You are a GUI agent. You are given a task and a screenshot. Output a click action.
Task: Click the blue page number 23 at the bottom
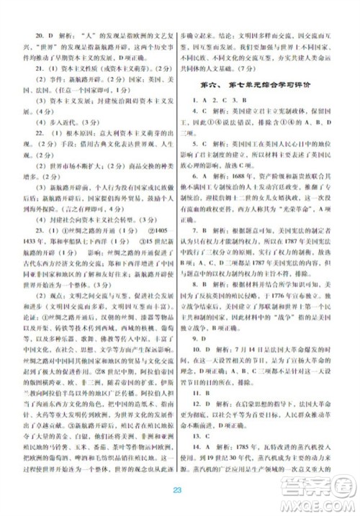tap(180, 490)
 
